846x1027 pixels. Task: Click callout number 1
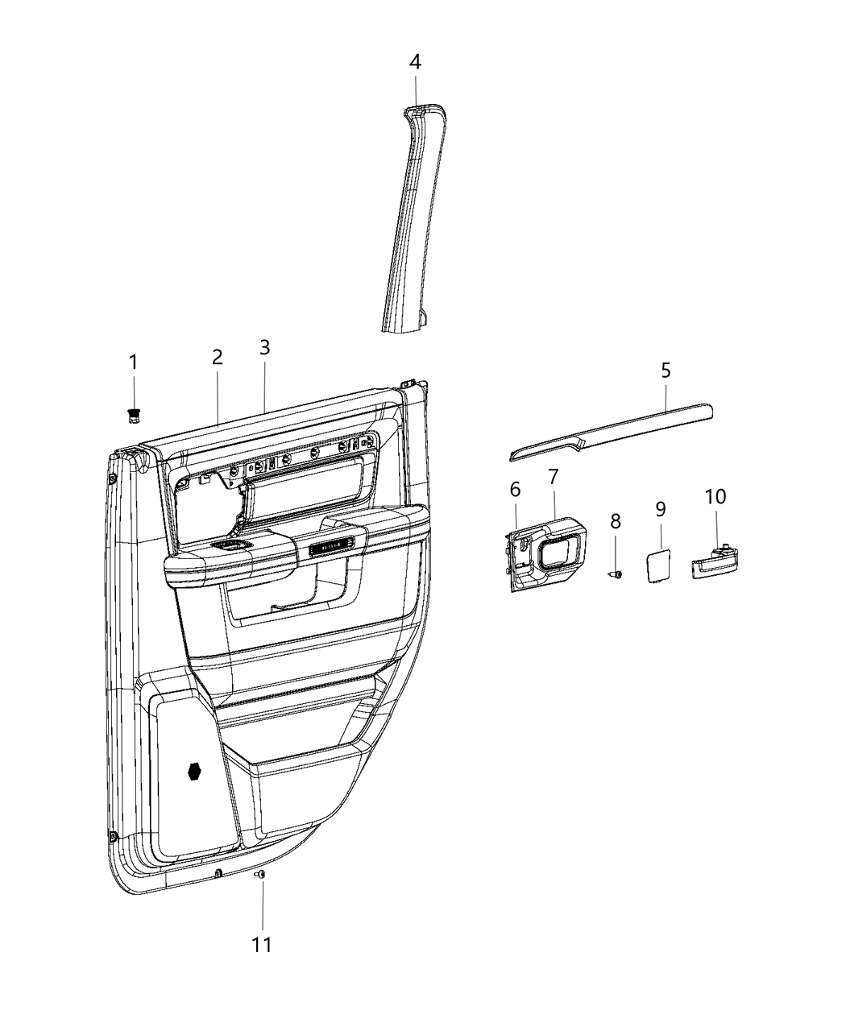point(134,362)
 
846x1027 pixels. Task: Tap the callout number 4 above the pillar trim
point(415,61)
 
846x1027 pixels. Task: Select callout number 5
point(666,371)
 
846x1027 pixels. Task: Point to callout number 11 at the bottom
point(262,944)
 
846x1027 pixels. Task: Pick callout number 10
point(715,497)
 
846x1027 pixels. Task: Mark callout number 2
point(218,357)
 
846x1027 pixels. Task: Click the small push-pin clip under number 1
point(134,416)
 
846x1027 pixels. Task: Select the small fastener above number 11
point(261,873)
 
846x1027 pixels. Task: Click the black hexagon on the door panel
point(194,771)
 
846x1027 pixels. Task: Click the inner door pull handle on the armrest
point(330,548)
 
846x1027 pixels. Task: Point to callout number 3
point(265,348)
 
